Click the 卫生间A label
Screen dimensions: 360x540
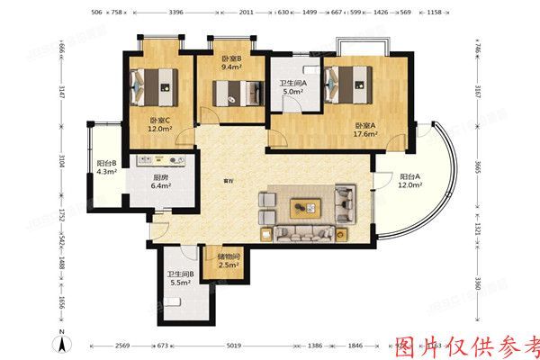pos(292,83)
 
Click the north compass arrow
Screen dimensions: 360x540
pos(60,341)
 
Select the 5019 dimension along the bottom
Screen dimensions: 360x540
pos(234,345)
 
